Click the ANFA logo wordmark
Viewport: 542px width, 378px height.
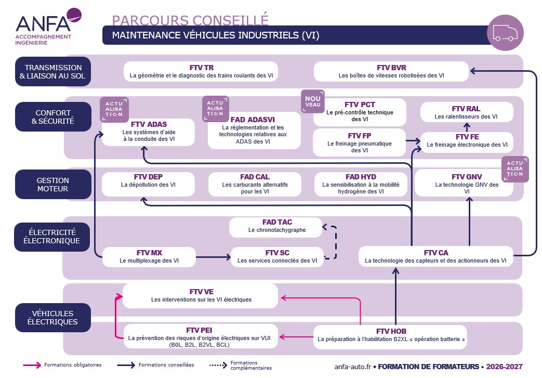tap(43, 23)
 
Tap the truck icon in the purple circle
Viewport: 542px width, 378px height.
tap(505, 33)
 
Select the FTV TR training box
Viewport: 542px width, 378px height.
tap(201, 72)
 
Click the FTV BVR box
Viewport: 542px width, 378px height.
tap(391, 72)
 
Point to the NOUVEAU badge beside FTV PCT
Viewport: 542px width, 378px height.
tap(312, 101)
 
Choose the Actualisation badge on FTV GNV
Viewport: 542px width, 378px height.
tap(514, 169)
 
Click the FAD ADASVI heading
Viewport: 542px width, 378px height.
tap(253, 120)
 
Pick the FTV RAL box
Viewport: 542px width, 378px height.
tap(467, 112)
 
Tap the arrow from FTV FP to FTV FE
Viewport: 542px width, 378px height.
tap(413, 141)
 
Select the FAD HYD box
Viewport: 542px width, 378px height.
tap(361, 184)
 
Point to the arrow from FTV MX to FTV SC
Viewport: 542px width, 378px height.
tap(213, 257)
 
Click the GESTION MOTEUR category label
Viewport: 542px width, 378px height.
tap(53, 185)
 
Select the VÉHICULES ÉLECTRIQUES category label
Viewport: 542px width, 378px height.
tap(52, 318)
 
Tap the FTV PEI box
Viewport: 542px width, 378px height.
tap(201, 336)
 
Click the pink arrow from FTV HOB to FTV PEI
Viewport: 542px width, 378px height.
tap(296, 336)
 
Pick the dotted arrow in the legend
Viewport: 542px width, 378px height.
tap(218, 365)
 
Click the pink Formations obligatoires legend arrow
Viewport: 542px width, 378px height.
tap(32, 365)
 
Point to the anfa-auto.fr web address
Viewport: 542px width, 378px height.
tap(352, 367)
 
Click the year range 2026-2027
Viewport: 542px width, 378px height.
tap(504, 367)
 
